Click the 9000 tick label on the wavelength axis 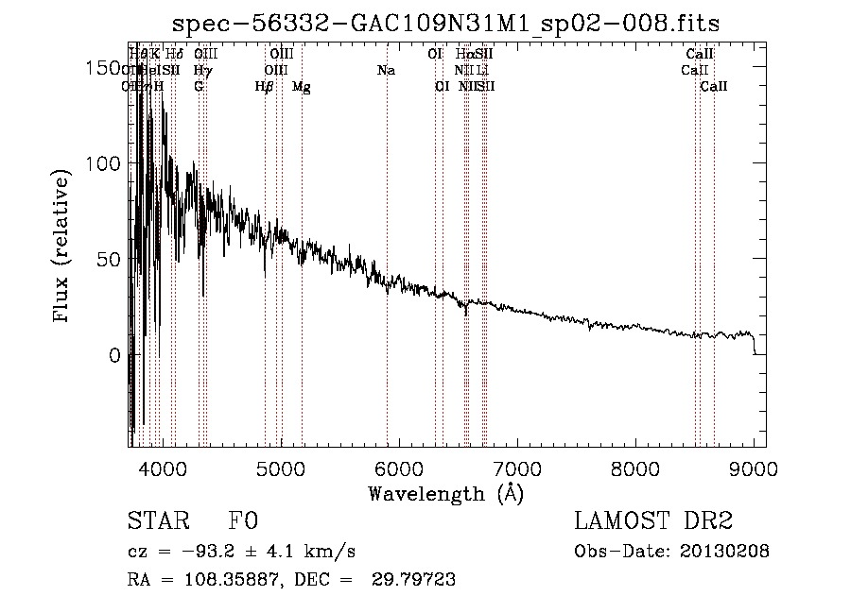(754, 469)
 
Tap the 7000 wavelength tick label (516, 469)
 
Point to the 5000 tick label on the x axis (280, 469)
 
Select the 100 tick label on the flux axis (104, 163)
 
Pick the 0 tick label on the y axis (114, 356)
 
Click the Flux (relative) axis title (63, 248)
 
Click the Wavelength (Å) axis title (445, 493)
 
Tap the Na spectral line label (386, 71)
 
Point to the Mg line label (301, 87)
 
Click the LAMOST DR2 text (652, 521)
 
